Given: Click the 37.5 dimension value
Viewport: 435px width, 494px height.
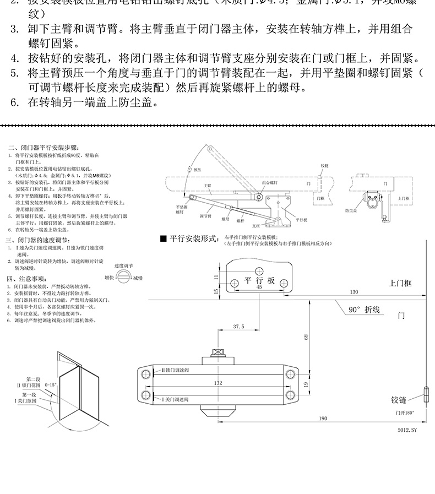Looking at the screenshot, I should tap(238, 327).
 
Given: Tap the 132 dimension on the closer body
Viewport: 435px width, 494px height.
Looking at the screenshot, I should tap(218, 382).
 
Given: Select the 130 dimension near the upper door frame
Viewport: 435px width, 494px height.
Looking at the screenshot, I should tap(354, 291).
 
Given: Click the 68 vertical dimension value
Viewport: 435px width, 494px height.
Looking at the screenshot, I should tap(306, 337).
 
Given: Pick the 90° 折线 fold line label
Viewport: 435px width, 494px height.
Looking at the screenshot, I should tap(365, 310).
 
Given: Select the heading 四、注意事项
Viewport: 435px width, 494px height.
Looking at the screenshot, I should tap(27, 279).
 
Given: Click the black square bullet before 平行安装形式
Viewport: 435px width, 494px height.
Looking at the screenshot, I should tap(163, 238).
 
